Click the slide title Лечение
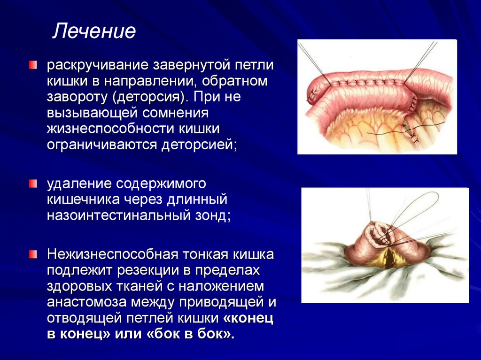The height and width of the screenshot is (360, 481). tap(94, 31)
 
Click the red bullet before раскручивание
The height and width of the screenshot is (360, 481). tap(32, 65)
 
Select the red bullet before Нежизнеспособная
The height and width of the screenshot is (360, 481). tap(32, 255)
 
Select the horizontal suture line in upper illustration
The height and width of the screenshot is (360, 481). tap(362, 83)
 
